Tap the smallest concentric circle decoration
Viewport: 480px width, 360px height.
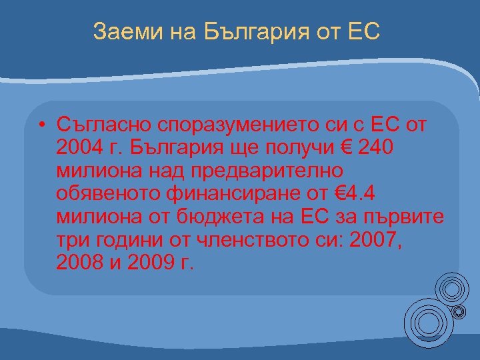point(459,311)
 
